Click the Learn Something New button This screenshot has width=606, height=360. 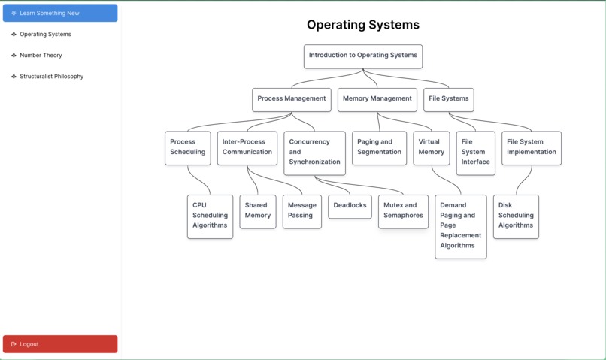coord(60,13)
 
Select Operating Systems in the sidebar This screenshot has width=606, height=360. coord(45,34)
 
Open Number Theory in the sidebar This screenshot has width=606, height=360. coord(41,55)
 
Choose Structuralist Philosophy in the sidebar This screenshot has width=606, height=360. coord(51,76)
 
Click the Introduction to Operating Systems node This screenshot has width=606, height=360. coord(362,56)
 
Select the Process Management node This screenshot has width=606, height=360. coord(291,99)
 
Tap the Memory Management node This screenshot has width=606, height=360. coord(377,99)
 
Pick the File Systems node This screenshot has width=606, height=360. coord(448,99)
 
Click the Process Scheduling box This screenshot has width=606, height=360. coord(187,147)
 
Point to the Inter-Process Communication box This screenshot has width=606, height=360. coord(247,147)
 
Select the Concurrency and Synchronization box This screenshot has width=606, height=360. coord(314,153)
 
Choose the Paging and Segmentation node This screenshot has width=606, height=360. coord(379,147)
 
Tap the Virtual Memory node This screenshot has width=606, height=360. coord(431,147)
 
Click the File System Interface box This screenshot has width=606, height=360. coord(475,153)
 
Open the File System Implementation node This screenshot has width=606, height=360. coord(531,147)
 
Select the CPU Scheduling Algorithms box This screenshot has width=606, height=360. coord(210,216)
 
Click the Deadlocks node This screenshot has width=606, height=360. coord(350,206)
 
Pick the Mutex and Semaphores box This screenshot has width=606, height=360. coord(403,211)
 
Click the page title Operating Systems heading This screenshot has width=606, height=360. coord(362,25)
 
